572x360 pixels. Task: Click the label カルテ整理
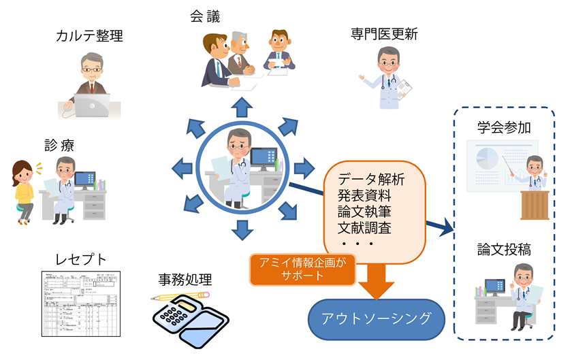tap(89, 37)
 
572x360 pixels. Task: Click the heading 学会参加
tap(503, 127)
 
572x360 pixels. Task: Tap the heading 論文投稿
tap(503, 251)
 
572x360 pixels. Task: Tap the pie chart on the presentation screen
tap(486, 159)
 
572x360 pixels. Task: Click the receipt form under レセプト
tap(81, 302)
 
